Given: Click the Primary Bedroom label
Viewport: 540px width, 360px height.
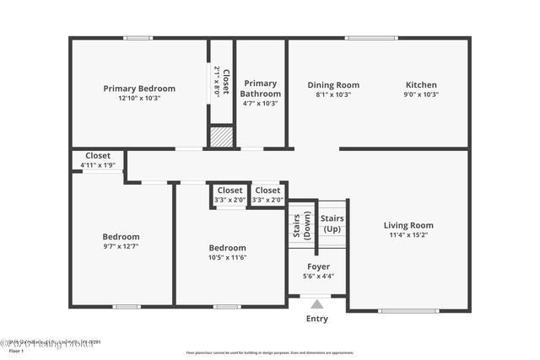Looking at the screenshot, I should (x=139, y=88).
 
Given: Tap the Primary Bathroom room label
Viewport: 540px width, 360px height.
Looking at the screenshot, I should (x=260, y=88).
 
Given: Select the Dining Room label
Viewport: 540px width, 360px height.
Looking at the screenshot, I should (x=332, y=84).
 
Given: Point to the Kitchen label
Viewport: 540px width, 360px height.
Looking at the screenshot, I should (x=421, y=84).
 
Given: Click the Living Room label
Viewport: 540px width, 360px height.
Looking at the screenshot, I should (x=408, y=225).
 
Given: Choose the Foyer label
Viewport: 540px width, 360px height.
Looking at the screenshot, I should (x=318, y=266).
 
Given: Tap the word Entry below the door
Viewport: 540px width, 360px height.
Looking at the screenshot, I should (x=316, y=319).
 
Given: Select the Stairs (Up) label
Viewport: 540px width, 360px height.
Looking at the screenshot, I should (x=332, y=224).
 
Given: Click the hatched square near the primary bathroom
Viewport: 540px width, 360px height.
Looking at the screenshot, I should (x=221, y=137).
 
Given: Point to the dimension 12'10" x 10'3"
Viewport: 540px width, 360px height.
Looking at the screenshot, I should (x=139, y=98).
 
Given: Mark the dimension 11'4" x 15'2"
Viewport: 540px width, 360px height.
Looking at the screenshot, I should (x=408, y=235).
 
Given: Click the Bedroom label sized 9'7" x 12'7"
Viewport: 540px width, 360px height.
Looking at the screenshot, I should (x=121, y=236).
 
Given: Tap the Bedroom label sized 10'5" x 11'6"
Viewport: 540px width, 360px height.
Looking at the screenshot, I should (x=227, y=247).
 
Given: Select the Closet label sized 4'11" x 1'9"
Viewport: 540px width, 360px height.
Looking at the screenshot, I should (x=97, y=155).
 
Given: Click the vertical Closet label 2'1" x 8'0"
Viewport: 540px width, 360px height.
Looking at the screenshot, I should (x=221, y=80).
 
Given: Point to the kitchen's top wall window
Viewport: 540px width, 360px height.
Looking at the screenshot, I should (x=371, y=38).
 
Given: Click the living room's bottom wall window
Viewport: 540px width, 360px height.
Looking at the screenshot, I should (x=408, y=310).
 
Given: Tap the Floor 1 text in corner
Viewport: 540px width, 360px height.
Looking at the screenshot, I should (x=15, y=350).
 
